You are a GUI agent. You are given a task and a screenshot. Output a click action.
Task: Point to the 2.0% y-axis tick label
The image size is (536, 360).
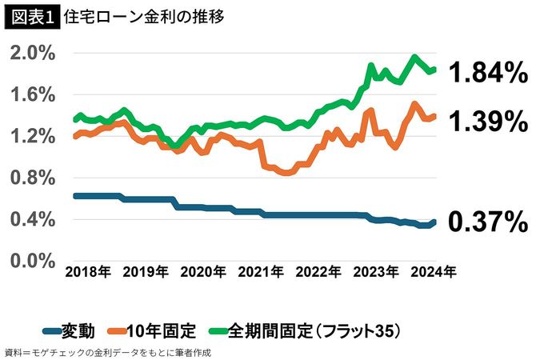point(33,53)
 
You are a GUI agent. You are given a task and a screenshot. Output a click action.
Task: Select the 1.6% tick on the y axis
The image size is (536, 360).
point(33,94)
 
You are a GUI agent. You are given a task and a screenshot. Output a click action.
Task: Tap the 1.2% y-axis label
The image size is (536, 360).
point(33,136)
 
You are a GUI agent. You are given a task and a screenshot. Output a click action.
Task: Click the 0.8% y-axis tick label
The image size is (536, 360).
point(33,177)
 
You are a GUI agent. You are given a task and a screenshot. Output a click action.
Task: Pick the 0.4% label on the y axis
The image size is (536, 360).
point(33,218)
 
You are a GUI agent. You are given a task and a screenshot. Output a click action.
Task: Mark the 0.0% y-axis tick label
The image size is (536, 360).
point(33,260)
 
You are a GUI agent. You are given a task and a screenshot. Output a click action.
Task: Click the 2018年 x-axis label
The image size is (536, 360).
point(87,272)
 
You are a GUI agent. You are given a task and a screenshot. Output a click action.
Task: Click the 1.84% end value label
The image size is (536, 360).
point(487,74)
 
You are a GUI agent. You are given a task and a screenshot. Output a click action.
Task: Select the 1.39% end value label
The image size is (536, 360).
point(487,122)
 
